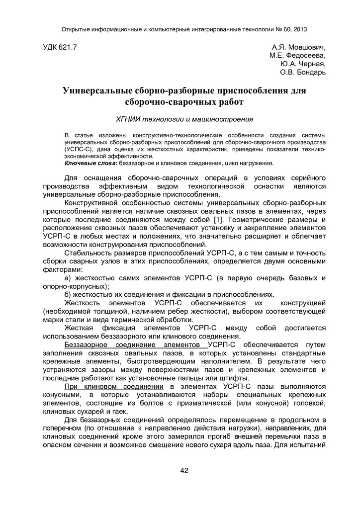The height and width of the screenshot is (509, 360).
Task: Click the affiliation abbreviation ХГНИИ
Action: (128, 119)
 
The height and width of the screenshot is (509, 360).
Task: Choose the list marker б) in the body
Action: (69, 294)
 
